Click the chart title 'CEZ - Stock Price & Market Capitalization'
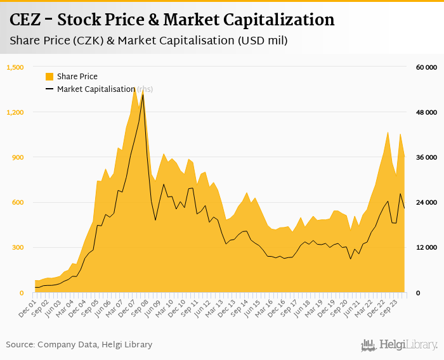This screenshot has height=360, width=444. coord(172,20)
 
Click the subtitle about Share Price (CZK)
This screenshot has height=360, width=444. coord(148,41)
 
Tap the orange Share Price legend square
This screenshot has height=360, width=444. coord(49,77)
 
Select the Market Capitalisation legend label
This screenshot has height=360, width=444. coord(96,89)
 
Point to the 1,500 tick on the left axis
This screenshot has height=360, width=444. coord(15,67)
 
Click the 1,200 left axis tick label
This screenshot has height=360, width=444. coord(15,112)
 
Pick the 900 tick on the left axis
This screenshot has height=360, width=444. coord(18,157)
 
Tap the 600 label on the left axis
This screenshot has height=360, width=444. coord(18,202)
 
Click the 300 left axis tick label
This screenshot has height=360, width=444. coord(18,247)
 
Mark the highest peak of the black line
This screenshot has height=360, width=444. coord(143,94)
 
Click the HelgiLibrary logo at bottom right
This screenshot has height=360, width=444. coord(400,345)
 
